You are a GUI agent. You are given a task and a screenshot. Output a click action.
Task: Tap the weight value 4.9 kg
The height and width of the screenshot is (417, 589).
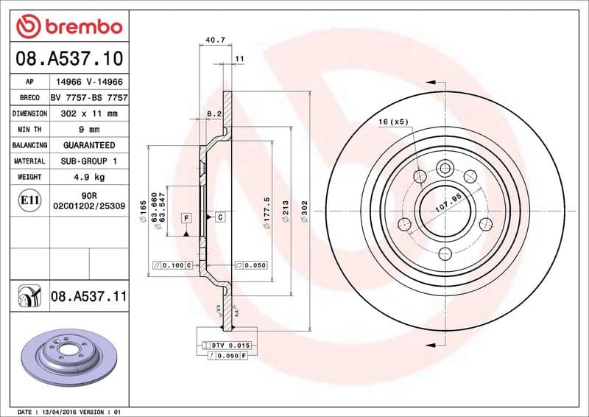[x=89, y=177]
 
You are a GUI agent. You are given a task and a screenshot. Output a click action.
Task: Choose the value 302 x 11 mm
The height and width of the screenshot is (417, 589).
[x=89, y=113]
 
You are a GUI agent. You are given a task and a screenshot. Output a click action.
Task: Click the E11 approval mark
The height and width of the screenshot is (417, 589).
[x=30, y=200]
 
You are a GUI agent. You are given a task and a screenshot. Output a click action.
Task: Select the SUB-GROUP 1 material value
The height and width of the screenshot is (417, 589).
[x=89, y=161]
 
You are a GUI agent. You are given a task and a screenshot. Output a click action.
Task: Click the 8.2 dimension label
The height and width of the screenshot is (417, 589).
[x=214, y=113]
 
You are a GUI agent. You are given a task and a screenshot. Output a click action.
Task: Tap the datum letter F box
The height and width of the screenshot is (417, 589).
[x=186, y=218]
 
